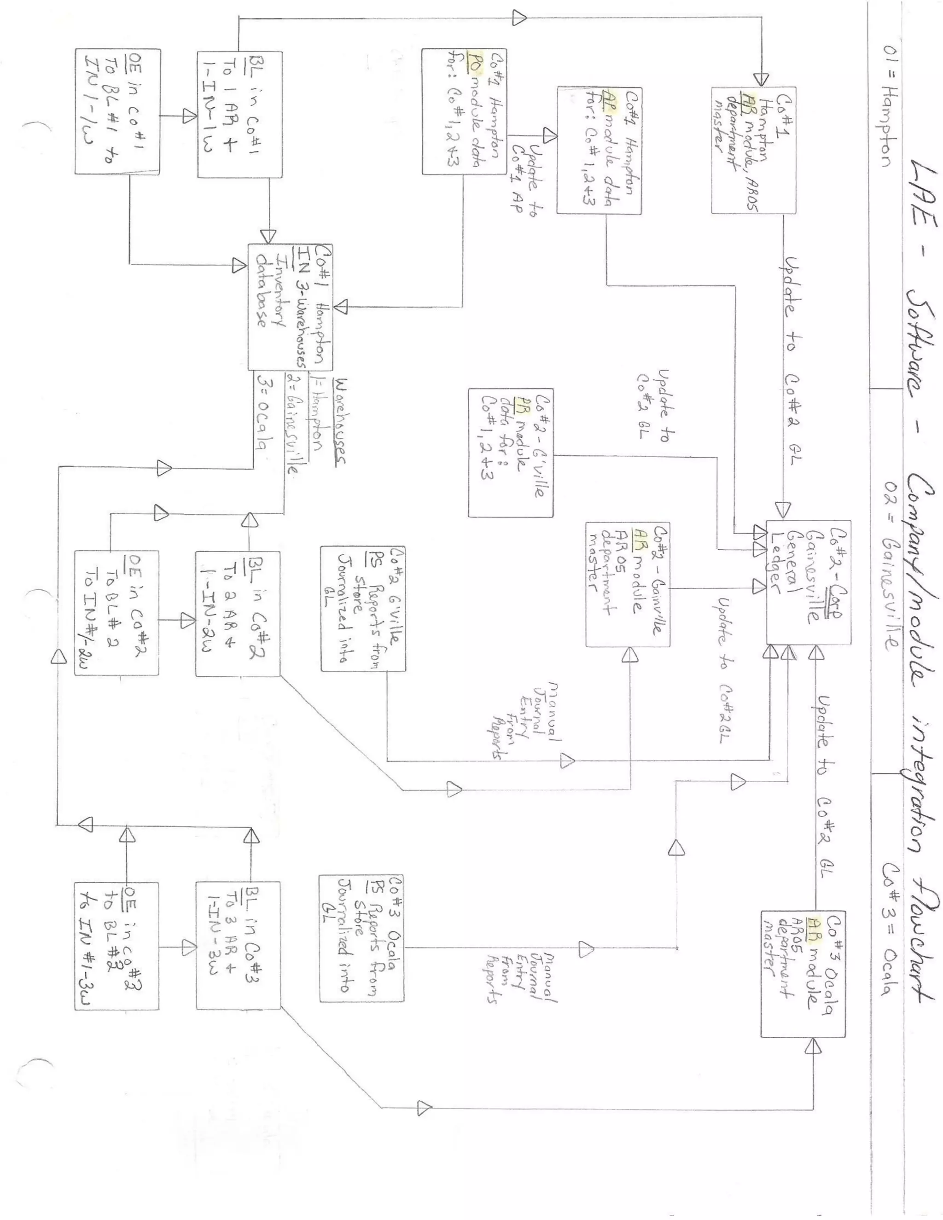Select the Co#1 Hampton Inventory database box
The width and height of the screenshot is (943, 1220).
(291, 307)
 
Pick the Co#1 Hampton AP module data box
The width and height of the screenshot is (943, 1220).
(599, 150)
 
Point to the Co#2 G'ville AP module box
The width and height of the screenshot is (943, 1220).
(510, 453)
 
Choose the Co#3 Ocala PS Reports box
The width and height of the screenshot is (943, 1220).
(361, 938)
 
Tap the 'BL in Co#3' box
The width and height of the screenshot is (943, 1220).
(238, 945)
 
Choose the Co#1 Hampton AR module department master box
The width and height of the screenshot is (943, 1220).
(753, 150)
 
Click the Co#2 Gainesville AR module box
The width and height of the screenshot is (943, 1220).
(628, 584)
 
